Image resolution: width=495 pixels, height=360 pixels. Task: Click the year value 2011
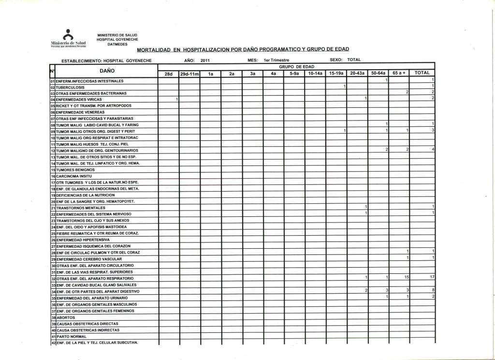(x=205, y=60)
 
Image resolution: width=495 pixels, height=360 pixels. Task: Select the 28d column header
(x=168, y=74)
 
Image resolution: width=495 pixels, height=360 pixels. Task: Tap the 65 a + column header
(x=399, y=73)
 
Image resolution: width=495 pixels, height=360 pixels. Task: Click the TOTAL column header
(x=422, y=73)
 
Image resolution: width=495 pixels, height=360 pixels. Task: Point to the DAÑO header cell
(x=107, y=71)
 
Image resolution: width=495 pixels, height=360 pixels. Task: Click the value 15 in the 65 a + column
(x=407, y=277)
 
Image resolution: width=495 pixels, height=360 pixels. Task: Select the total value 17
(x=432, y=277)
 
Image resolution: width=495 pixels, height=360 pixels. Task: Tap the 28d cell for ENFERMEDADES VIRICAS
(x=177, y=99)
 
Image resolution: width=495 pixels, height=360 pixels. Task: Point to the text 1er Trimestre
(x=276, y=60)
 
